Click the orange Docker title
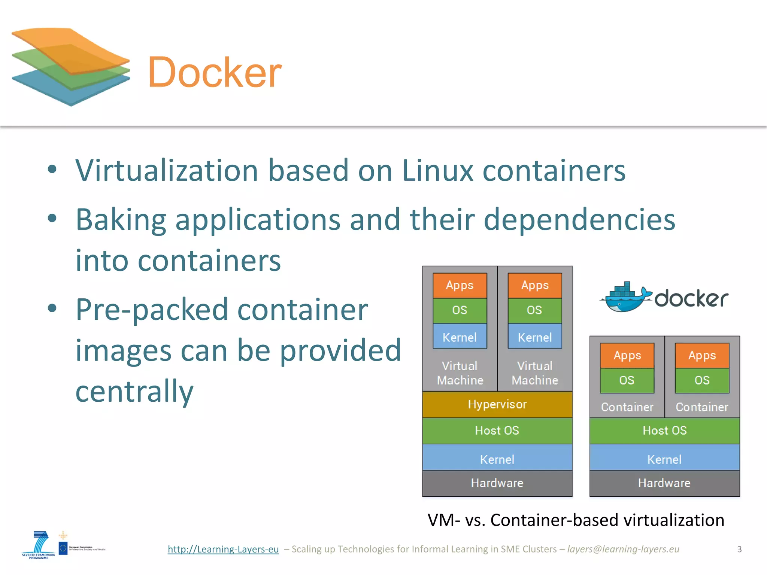[x=215, y=73]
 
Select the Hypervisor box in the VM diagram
[x=497, y=405]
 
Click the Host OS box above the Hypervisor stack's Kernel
[x=497, y=431]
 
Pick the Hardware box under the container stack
[x=664, y=483]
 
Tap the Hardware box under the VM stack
[x=497, y=483]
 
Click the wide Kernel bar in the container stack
[x=664, y=459]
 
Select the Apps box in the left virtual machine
[x=460, y=286]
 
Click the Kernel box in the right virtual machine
[x=534, y=337]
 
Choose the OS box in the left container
[x=627, y=380]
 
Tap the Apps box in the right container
[x=702, y=355]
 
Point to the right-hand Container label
[x=702, y=407]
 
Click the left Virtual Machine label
[x=460, y=373]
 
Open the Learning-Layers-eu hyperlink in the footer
[x=223, y=549]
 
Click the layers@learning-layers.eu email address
[x=623, y=549]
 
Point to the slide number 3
[x=739, y=549]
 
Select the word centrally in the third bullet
[x=134, y=392]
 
